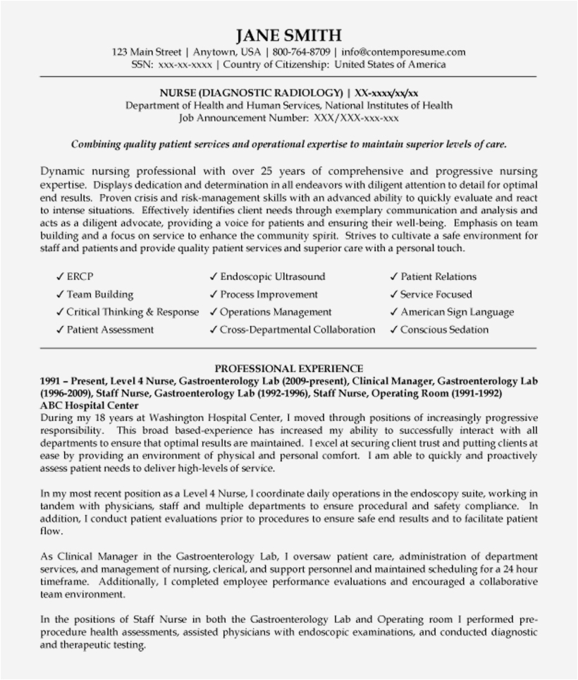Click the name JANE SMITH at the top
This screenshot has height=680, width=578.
[289, 35]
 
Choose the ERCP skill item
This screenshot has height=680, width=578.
[80, 277]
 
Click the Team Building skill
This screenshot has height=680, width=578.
[99, 294]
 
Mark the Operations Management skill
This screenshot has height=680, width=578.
[275, 312]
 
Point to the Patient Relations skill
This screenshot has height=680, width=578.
[438, 277]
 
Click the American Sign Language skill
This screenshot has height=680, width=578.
[457, 312]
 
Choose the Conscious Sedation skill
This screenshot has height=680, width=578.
[444, 329]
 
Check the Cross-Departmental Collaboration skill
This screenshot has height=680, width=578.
[297, 329]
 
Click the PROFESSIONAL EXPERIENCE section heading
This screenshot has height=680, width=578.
[289, 368]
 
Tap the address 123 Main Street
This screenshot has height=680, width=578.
[145, 52]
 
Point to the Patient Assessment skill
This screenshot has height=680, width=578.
[110, 329]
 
